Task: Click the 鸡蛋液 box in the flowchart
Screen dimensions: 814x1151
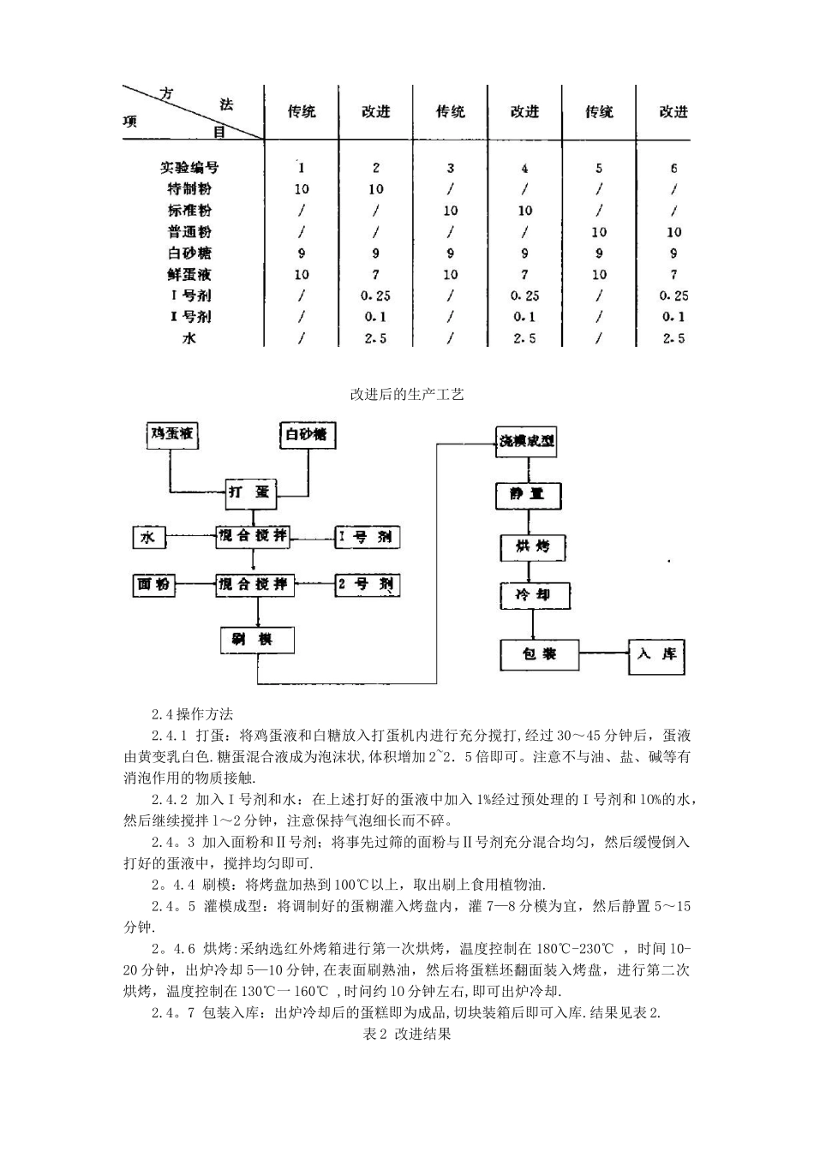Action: (x=172, y=435)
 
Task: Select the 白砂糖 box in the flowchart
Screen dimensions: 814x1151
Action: (x=307, y=435)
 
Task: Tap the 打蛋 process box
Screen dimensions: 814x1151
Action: (x=249, y=491)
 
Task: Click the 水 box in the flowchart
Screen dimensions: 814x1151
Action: (x=148, y=537)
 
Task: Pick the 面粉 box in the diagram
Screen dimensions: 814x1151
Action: (x=153, y=585)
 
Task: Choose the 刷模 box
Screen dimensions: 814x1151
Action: (x=257, y=640)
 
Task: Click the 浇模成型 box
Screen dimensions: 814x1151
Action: (x=527, y=442)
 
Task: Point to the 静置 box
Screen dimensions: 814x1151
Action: (x=531, y=495)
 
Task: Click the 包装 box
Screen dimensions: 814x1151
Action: (x=539, y=654)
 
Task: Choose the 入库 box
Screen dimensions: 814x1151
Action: (x=656, y=655)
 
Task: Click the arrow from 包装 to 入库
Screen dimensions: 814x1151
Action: (x=603, y=655)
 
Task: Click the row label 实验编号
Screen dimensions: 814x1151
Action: (x=189, y=168)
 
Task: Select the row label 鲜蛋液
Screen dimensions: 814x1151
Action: (x=189, y=274)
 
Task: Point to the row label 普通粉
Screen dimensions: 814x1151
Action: (x=189, y=232)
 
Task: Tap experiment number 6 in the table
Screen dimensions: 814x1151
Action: (x=673, y=168)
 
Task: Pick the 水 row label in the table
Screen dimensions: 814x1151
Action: (x=189, y=337)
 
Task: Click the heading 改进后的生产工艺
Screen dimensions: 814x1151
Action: (x=407, y=395)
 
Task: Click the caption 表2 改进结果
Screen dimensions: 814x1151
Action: (x=407, y=1034)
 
